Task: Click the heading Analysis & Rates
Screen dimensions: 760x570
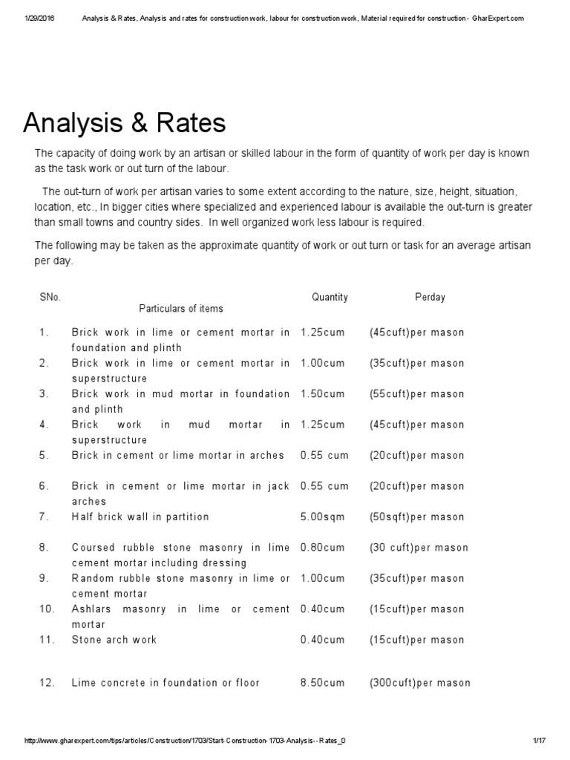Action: point(125,123)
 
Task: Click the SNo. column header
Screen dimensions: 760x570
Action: point(50,297)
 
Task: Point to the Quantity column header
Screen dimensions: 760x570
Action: point(330,297)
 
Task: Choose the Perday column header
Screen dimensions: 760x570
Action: point(430,297)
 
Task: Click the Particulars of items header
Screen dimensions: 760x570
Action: point(181,308)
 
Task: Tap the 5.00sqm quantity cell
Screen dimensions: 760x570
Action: point(322,517)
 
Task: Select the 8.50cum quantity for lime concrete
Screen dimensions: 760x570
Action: point(322,683)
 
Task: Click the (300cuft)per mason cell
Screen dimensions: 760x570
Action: point(419,683)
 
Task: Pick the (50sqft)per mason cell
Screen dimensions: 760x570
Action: point(416,517)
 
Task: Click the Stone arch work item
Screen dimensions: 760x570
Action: point(114,639)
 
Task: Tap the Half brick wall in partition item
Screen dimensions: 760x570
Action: point(140,517)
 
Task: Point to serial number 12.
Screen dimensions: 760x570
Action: point(47,683)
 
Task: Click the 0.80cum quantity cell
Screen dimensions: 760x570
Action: point(322,548)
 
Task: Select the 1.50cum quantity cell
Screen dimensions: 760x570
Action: point(322,394)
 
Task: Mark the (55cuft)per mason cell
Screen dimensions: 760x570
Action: point(416,394)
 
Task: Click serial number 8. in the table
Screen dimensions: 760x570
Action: point(44,548)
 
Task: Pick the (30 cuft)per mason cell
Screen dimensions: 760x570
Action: point(419,548)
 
